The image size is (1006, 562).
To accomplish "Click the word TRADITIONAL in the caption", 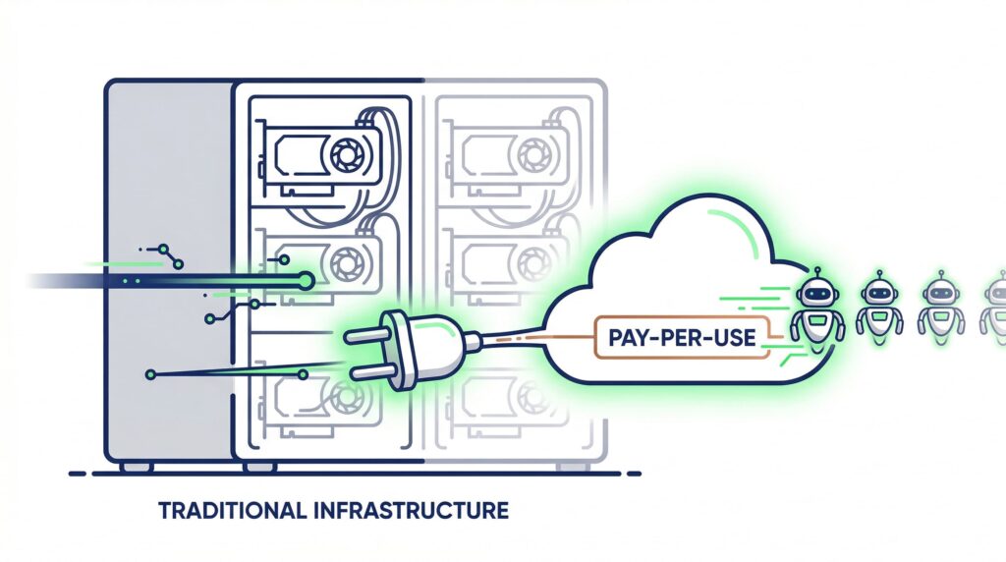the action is click(232, 511).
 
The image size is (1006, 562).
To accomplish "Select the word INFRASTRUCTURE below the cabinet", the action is click(412, 511).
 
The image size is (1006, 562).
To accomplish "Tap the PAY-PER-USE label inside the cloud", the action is click(682, 337).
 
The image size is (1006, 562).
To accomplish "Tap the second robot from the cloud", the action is click(879, 304).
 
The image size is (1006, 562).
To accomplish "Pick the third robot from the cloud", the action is click(940, 304).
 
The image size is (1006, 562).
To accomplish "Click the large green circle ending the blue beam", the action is click(307, 280).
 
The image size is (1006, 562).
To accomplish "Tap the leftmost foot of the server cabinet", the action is click(137, 467).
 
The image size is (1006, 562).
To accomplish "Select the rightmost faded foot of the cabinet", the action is click(572, 467).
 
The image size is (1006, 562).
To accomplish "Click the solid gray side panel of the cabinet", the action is click(169, 269).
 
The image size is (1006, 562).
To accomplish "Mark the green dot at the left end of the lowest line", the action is click(150, 374).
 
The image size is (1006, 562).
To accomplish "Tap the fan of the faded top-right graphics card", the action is click(533, 154).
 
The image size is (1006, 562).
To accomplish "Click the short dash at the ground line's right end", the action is click(634, 475).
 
